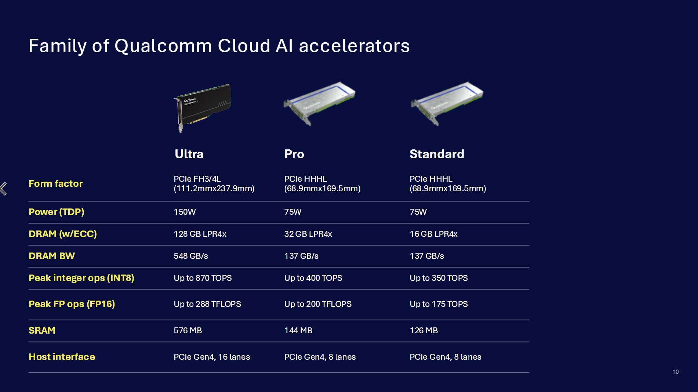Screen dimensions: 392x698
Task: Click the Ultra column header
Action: click(x=189, y=154)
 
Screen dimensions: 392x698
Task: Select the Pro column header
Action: click(x=294, y=154)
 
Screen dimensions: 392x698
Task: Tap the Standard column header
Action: click(x=437, y=154)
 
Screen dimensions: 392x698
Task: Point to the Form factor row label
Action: click(x=56, y=184)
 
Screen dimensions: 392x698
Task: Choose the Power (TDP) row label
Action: click(x=57, y=212)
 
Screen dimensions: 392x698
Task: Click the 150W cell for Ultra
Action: click(x=185, y=212)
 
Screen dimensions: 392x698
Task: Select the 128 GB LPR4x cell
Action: click(x=200, y=234)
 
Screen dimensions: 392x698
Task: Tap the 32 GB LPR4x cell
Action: click(x=308, y=234)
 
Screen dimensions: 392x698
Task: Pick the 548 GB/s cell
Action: click(x=191, y=256)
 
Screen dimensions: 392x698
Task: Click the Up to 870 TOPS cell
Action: click(x=203, y=278)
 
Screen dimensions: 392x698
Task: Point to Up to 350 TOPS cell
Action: click(x=439, y=278)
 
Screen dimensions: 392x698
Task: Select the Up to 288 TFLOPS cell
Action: click(x=207, y=304)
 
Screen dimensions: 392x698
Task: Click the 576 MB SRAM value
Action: click(x=188, y=330)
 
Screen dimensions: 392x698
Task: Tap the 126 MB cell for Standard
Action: click(x=423, y=330)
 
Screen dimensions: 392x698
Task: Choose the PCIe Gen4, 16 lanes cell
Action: click(x=212, y=357)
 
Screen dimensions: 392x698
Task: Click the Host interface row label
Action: click(x=62, y=357)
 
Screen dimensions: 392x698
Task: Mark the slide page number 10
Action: click(x=675, y=372)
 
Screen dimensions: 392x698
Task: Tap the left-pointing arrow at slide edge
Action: click(x=4, y=189)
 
